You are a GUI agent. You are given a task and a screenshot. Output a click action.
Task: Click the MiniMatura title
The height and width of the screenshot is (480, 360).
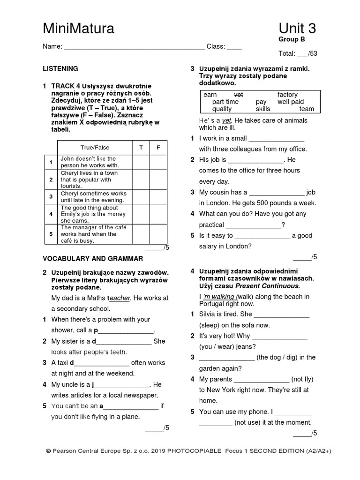(x=78, y=29)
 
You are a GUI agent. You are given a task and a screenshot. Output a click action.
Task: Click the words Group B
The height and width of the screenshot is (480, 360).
(x=292, y=39)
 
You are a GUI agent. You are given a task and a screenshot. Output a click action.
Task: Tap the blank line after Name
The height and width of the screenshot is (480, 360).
(x=134, y=47)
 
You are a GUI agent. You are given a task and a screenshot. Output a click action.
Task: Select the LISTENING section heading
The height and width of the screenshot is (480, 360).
(x=60, y=68)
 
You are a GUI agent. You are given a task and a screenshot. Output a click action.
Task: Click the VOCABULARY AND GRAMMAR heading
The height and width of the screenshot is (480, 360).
(x=93, y=258)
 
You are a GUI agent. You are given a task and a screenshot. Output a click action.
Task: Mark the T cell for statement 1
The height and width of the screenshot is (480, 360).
(x=141, y=162)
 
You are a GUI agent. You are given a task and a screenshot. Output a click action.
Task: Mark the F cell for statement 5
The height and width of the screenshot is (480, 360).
(x=158, y=233)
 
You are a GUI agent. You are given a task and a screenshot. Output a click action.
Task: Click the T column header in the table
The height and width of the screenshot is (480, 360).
(x=141, y=148)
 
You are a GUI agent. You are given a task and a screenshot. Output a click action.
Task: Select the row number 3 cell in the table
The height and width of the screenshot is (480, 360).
(x=51, y=196)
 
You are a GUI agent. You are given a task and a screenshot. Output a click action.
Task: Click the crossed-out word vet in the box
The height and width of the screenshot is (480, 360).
(x=238, y=95)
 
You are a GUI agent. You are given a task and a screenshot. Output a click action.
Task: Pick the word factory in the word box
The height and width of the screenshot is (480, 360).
(x=287, y=95)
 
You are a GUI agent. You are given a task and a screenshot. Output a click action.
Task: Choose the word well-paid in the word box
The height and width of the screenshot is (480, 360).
(x=291, y=102)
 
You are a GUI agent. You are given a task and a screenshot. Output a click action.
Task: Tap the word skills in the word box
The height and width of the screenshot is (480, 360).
(x=263, y=109)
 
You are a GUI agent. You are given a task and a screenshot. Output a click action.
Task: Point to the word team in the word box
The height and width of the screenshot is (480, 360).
(x=307, y=109)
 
